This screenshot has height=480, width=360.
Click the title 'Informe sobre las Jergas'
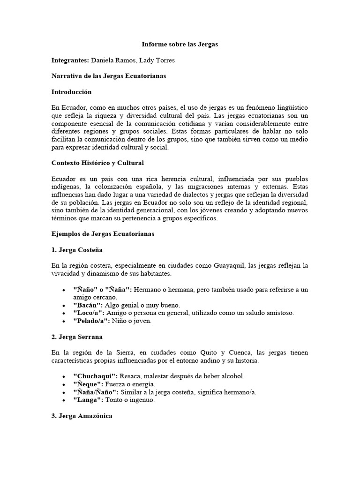click(x=180, y=45)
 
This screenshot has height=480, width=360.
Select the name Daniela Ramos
click(x=112, y=60)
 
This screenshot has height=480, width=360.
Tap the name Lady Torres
click(x=158, y=60)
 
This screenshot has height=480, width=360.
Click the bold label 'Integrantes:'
click(x=70, y=60)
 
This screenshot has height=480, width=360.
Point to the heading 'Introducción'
click(x=71, y=92)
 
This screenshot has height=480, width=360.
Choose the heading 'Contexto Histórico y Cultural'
click(x=97, y=163)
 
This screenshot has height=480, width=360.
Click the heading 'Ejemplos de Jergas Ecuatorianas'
click(x=103, y=233)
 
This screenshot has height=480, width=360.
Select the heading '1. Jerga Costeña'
click(x=77, y=250)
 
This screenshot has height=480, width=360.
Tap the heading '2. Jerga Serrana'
click(x=77, y=337)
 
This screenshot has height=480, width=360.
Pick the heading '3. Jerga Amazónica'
click(x=82, y=416)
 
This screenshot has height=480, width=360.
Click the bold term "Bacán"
click(x=87, y=305)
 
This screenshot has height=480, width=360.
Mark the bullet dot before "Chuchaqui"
click(x=63, y=377)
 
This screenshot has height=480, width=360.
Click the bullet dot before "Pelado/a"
click(x=63, y=321)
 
